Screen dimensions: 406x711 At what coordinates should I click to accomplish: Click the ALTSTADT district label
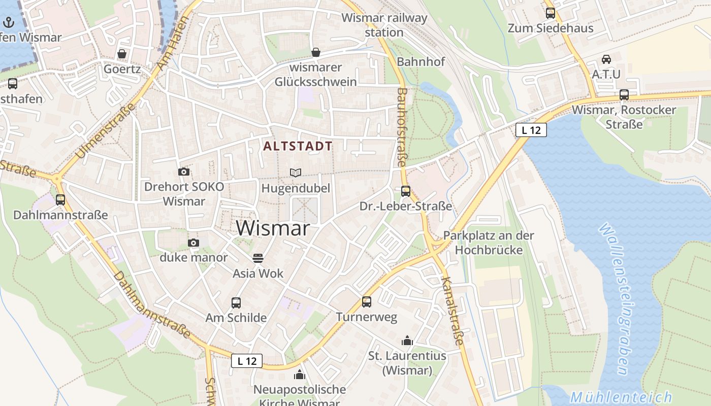pyautogui.click(x=298, y=146)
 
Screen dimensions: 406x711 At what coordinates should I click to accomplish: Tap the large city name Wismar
pyautogui.click(x=273, y=228)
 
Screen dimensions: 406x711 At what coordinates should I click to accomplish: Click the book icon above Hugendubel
pyautogui.click(x=296, y=173)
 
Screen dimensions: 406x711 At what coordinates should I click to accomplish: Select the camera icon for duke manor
pyautogui.click(x=193, y=243)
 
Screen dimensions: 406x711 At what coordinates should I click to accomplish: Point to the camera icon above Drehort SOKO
pyautogui.click(x=184, y=172)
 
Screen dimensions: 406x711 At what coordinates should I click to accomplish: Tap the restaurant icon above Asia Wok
pyautogui.click(x=258, y=258)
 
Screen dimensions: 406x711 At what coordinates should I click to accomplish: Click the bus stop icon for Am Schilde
pyautogui.click(x=236, y=303)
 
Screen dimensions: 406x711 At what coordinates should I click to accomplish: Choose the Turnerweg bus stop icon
pyautogui.click(x=367, y=302)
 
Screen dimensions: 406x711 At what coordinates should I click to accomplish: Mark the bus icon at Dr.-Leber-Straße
pyautogui.click(x=406, y=191)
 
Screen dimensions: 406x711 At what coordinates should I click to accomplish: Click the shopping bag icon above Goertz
pyautogui.click(x=122, y=53)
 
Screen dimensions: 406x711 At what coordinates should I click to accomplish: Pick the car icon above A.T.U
pyautogui.click(x=606, y=59)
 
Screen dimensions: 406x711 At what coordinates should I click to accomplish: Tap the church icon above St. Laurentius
pyautogui.click(x=407, y=341)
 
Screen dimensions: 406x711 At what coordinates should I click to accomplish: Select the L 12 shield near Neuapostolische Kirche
pyautogui.click(x=247, y=361)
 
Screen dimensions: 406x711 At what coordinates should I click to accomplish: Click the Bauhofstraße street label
pyautogui.click(x=402, y=127)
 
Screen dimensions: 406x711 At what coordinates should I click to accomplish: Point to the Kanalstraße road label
pyautogui.click(x=453, y=311)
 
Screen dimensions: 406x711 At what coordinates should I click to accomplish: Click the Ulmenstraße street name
pyautogui.click(x=106, y=130)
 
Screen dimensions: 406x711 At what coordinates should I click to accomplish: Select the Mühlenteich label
pyautogui.click(x=621, y=397)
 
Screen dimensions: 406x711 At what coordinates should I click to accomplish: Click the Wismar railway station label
pyautogui.click(x=384, y=25)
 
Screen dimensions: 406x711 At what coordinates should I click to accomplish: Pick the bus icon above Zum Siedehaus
pyautogui.click(x=551, y=13)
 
